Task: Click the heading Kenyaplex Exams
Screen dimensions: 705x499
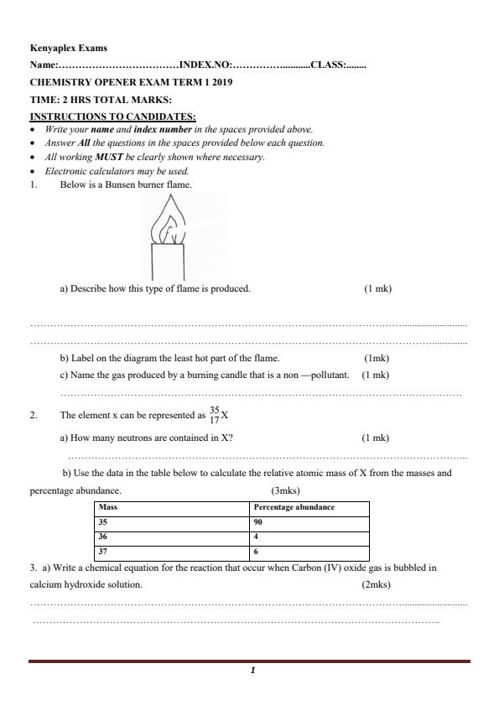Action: click(x=68, y=49)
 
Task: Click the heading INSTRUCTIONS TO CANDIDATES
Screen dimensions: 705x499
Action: click(x=112, y=117)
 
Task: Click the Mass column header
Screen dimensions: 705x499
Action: click(x=107, y=508)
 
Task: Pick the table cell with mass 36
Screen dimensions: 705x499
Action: click(x=103, y=537)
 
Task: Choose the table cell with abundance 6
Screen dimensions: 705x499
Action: click(x=256, y=552)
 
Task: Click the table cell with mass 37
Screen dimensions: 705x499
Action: click(x=103, y=552)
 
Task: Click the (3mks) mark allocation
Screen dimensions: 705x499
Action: click(x=285, y=490)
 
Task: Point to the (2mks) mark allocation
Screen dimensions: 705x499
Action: click(x=376, y=584)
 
